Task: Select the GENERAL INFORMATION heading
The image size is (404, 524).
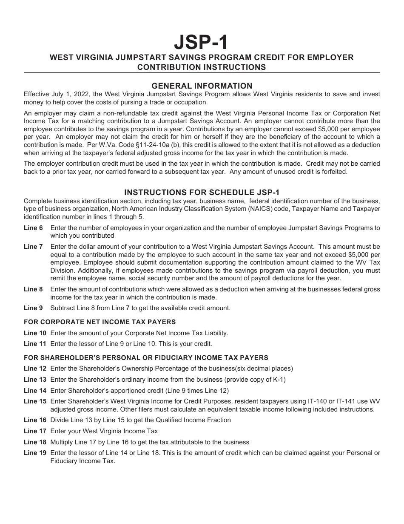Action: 202,86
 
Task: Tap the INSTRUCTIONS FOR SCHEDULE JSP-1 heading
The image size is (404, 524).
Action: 202,192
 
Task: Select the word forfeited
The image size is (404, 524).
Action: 333,172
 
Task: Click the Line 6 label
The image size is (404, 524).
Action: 33,228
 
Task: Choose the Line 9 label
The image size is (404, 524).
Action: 33,308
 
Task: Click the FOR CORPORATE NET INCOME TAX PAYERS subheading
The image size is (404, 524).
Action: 100,322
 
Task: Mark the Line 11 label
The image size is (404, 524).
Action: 35,344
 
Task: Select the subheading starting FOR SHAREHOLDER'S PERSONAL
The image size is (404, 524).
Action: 146,357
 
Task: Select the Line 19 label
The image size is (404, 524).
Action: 35,453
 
